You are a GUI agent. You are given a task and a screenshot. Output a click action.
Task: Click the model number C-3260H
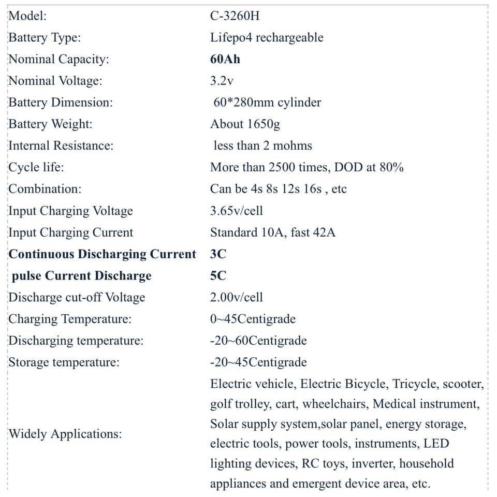click(x=235, y=16)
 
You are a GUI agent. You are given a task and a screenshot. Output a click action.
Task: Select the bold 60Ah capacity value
click(x=225, y=59)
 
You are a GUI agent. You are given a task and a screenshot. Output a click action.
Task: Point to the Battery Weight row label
click(x=50, y=124)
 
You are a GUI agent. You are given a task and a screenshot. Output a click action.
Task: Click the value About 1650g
click(x=245, y=124)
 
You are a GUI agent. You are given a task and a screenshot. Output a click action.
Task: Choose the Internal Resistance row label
click(x=61, y=146)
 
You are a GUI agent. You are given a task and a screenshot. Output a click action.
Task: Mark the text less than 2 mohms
click(x=262, y=146)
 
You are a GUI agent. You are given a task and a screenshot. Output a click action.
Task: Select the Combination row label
click(x=45, y=189)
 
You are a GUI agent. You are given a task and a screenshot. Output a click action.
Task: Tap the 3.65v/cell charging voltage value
click(x=236, y=211)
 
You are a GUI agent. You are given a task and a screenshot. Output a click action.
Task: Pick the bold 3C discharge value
click(x=218, y=254)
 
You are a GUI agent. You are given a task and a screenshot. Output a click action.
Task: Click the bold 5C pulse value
click(x=218, y=276)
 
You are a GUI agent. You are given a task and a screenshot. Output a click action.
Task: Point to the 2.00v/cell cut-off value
click(x=236, y=298)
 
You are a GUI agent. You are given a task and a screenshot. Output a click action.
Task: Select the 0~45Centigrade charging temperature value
click(x=253, y=319)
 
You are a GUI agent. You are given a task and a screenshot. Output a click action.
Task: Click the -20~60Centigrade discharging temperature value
click(x=258, y=341)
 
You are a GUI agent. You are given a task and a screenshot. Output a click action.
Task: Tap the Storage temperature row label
click(x=64, y=362)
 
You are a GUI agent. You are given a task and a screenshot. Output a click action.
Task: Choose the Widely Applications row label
click(x=65, y=434)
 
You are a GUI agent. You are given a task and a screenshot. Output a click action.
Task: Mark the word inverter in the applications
click(x=372, y=463)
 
